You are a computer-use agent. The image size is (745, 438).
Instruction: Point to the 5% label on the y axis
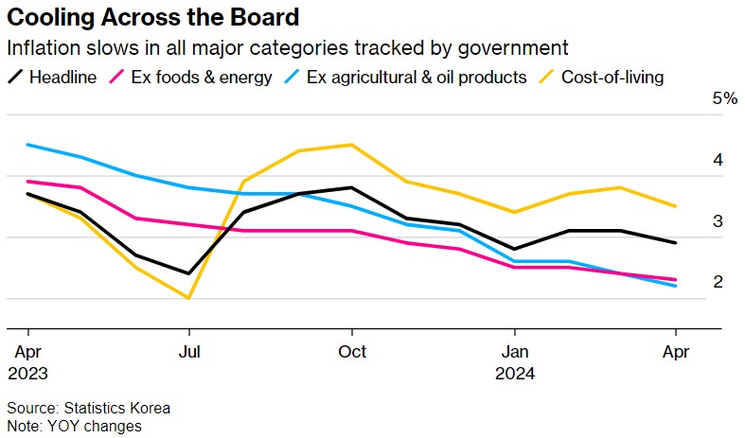coord(724,98)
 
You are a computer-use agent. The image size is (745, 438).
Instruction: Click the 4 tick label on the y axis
coord(718,160)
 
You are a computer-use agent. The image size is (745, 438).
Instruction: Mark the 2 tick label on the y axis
coord(718,282)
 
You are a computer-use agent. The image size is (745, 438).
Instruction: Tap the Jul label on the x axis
coord(190,351)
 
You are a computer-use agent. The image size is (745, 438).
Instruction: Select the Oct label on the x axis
coord(352,351)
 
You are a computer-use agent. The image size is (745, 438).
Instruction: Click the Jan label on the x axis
coord(514,351)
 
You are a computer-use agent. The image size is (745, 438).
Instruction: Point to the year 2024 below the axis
coord(514,373)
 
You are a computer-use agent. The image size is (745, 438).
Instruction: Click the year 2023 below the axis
coord(28,373)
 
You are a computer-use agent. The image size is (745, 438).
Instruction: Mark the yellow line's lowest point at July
coord(190,298)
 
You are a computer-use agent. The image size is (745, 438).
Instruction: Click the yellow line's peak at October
coord(352,145)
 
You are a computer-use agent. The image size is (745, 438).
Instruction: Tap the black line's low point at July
coord(190,273)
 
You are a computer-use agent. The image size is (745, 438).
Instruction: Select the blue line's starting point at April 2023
coord(28,145)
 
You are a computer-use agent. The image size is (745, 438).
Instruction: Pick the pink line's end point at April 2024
coord(675,280)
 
